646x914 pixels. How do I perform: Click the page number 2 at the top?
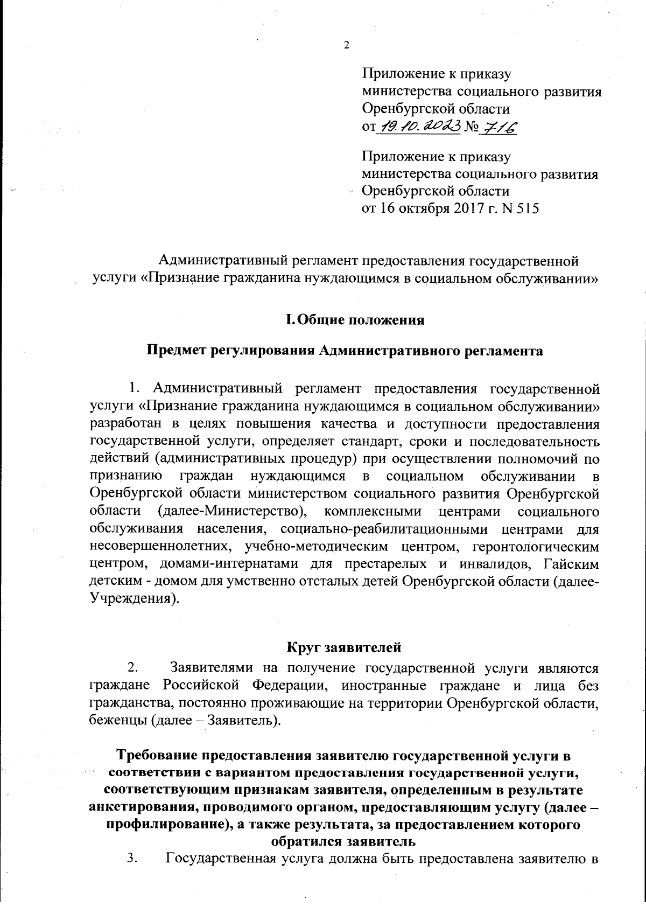(346, 45)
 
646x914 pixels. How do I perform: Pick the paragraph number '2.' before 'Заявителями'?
(132, 668)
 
